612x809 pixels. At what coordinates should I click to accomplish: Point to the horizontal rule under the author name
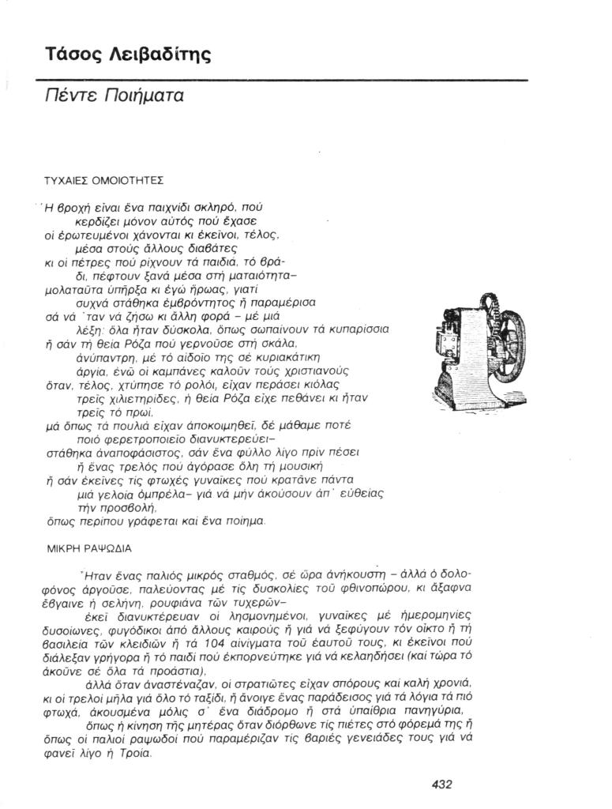point(281,80)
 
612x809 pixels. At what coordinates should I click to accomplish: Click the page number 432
point(442,785)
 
